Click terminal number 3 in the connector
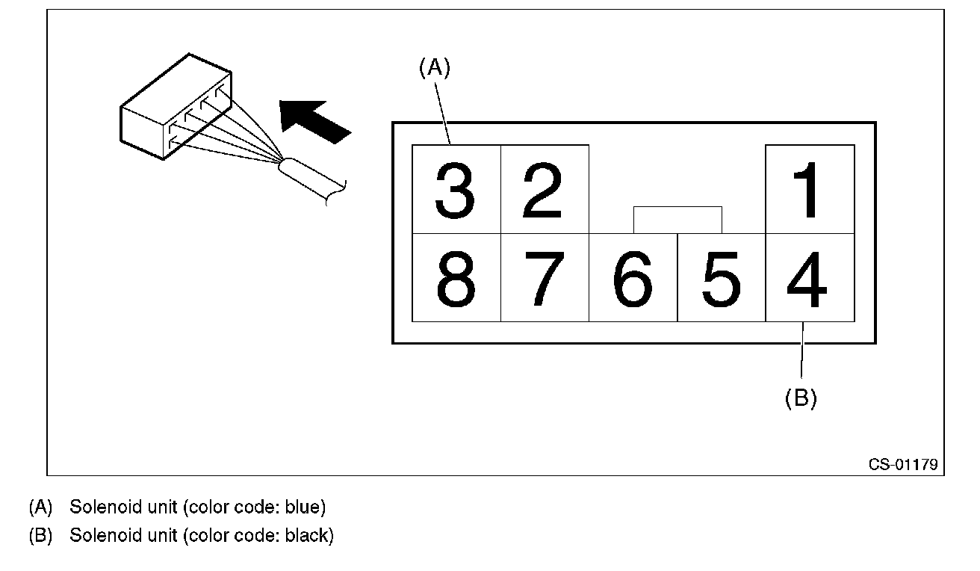[x=456, y=190]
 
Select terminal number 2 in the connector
[x=544, y=190]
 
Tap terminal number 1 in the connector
[x=809, y=190]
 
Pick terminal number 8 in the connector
[x=456, y=278]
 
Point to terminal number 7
[x=544, y=278]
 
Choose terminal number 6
[x=633, y=278]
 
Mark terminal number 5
[x=721, y=278]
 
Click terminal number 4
[x=809, y=278]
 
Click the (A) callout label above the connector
[x=435, y=68]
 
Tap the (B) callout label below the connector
[x=801, y=398]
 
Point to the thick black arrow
[x=314, y=120]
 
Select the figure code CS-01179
[x=902, y=464]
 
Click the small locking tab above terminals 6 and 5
[x=677, y=220]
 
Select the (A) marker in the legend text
[x=40, y=507]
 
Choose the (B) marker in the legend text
[x=40, y=536]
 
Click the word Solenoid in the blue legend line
[x=97, y=507]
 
